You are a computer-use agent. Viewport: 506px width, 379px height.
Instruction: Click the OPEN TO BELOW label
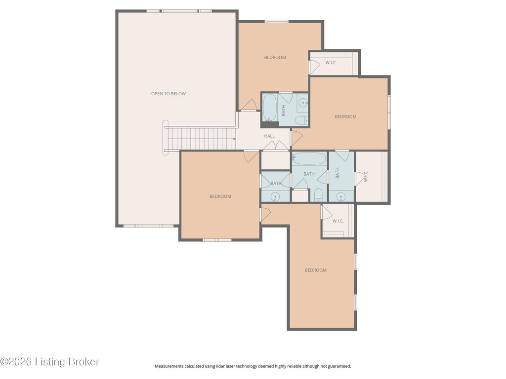click(169, 94)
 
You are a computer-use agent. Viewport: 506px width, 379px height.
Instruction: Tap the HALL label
click(269, 136)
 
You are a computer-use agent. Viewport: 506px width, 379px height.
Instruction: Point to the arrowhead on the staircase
click(234, 139)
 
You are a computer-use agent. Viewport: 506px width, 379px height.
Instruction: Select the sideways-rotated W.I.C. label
click(366, 176)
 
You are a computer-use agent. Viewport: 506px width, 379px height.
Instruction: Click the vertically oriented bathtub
click(269, 107)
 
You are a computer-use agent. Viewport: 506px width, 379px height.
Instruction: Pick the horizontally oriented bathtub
click(309, 158)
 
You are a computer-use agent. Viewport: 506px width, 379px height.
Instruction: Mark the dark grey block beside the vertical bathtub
click(270, 124)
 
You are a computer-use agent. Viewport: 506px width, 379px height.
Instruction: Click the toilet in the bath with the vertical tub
click(302, 121)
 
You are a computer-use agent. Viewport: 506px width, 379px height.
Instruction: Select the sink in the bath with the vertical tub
click(303, 103)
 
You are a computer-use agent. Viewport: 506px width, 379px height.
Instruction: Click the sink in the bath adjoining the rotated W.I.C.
click(341, 196)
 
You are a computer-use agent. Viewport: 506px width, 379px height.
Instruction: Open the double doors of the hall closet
click(276, 146)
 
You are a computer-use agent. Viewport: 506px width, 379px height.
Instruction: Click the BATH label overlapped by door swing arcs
click(276, 184)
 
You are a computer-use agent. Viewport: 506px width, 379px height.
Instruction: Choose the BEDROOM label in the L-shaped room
click(316, 270)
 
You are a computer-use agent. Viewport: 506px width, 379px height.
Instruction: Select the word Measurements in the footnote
click(169, 366)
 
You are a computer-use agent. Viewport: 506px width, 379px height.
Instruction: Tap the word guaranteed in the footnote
click(339, 366)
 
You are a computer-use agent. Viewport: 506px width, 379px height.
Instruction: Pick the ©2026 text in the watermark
click(16, 362)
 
